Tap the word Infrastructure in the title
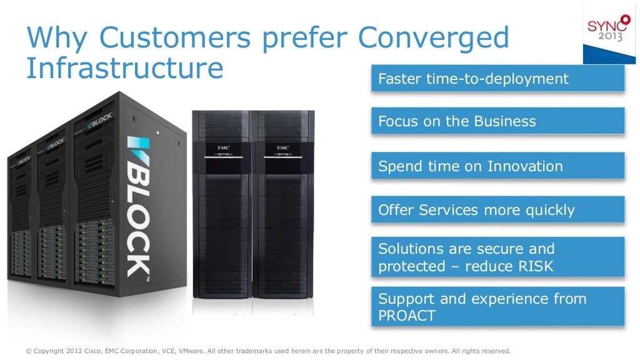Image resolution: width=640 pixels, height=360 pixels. (124, 68)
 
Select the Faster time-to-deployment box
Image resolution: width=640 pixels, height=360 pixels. (497, 79)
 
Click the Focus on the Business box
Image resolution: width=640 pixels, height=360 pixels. (497, 121)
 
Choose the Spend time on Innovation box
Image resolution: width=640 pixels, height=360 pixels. (497, 166)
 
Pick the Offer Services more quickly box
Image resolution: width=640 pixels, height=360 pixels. (497, 210)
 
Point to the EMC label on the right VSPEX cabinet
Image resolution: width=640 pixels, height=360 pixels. (282, 148)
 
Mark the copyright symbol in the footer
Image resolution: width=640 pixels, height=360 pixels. (29, 351)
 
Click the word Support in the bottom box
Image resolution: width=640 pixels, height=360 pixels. (403, 299)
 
